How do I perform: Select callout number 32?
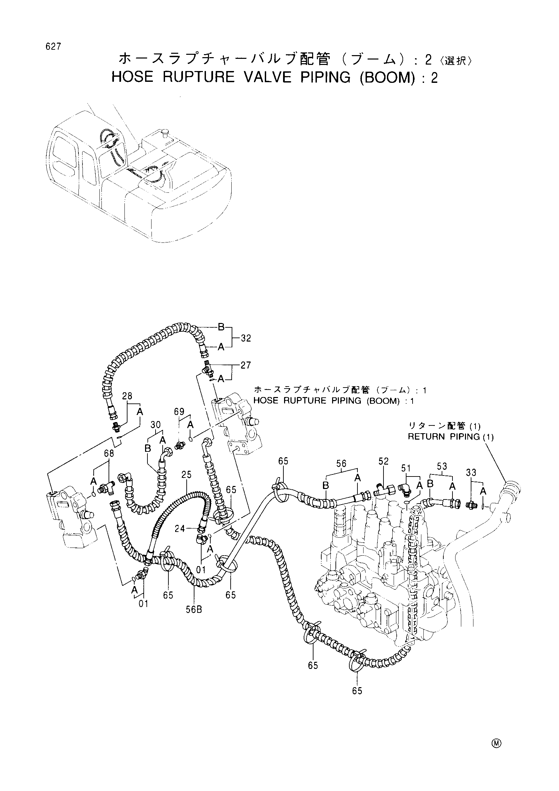pos(246,338)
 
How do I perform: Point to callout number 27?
pos(246,365)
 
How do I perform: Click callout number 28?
pos(127,396)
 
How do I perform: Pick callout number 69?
pos(179,412)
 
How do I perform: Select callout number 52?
pos(383,461)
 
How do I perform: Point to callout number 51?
pos(406,468)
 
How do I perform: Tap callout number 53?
pos(442,466)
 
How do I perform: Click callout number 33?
pos(471,472)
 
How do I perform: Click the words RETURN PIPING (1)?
pos(450,437)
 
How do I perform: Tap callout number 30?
pos(156,425)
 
